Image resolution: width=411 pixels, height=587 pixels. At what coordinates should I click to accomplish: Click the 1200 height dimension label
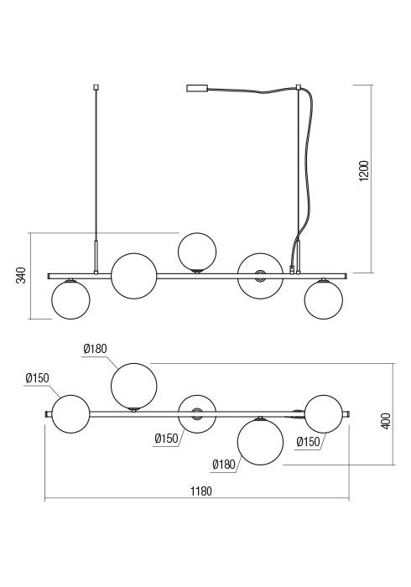click(363, 170)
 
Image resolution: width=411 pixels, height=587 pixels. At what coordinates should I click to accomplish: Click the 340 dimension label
click(21, 275)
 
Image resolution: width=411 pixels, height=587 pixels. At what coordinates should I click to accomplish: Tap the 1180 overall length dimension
click(201, 491)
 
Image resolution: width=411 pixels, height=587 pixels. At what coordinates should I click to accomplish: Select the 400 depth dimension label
click(386, 421)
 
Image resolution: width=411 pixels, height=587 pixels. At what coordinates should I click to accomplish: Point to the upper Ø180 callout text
click(95, 349)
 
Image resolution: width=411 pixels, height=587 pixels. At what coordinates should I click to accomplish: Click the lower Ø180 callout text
click(224, 465)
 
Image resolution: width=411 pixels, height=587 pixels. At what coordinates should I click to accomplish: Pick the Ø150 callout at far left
click(38, 378)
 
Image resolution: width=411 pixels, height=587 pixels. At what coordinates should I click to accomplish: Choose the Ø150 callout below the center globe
click(167, 439)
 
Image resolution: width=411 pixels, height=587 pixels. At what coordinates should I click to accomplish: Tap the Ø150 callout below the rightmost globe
click(309, 442)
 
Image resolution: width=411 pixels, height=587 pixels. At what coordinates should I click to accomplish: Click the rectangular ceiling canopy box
click(197, 88)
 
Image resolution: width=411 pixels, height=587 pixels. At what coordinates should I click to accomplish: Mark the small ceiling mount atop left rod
click(96, 87)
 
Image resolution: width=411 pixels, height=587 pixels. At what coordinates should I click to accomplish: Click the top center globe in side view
click(197, 252)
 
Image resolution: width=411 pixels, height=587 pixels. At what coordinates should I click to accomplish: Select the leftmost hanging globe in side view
click(70, 299)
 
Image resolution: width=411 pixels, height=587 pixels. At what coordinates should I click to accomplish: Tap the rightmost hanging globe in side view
click(324, 299)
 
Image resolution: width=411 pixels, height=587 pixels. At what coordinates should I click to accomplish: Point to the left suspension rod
click(96, 179)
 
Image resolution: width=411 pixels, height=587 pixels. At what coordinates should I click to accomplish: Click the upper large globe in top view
click(134, 386)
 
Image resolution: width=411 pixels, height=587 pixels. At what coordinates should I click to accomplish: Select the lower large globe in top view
click(261, 442)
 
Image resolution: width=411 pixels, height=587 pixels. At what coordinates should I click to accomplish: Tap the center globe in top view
click(197, 414)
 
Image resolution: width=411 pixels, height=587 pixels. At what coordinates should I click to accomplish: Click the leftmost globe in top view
click(70, 414)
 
